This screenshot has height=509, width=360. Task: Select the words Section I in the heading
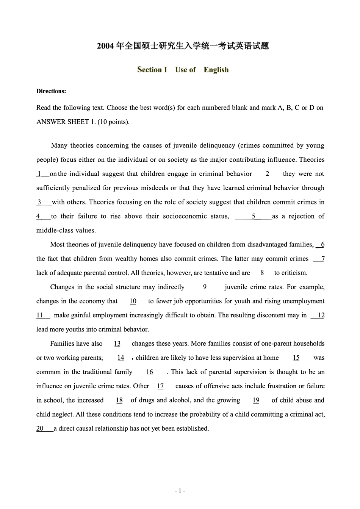(152, 70)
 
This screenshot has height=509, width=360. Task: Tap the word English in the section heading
(216, 70)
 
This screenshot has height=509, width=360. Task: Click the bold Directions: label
(51, 91)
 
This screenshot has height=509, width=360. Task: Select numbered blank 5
(254, 216)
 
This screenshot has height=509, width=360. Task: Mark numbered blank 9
(205, 287)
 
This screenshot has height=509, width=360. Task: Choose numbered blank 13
(117, 343)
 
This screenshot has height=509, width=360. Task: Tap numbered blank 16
(150, 372)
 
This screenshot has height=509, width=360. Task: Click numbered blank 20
(40, 428)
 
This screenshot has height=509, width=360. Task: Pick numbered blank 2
(268, 174)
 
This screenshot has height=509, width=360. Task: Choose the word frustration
(272, 386)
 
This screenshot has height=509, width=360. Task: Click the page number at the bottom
(180, 491)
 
